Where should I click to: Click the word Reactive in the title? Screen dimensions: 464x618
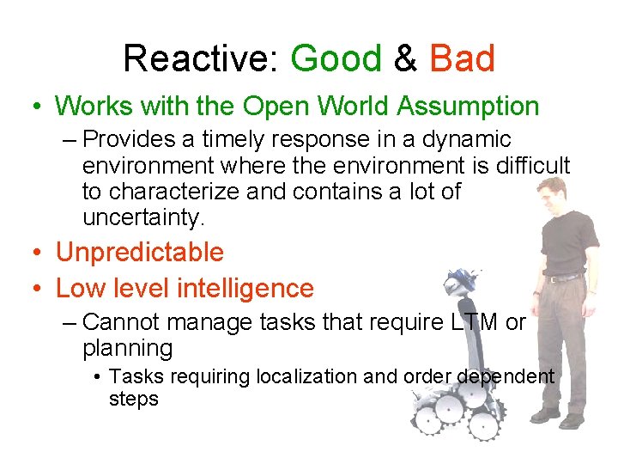[x=196, y=59]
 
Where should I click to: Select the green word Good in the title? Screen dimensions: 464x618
[x=336, y=59]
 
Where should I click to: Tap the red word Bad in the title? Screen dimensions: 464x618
[x=462, y=59]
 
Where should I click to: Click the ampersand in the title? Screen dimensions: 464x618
[x=405, y=59]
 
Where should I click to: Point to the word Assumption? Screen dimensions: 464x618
[x=468, y=107]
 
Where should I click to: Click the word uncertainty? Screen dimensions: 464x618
[x=143, y=217]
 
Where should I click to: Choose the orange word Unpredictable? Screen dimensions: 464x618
[x=139, y=253]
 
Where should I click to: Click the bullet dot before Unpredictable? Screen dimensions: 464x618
[x=36, y=253]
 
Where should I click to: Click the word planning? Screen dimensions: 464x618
[x=128, y=349]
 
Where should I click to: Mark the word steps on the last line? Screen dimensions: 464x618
[x=134, y=399]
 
